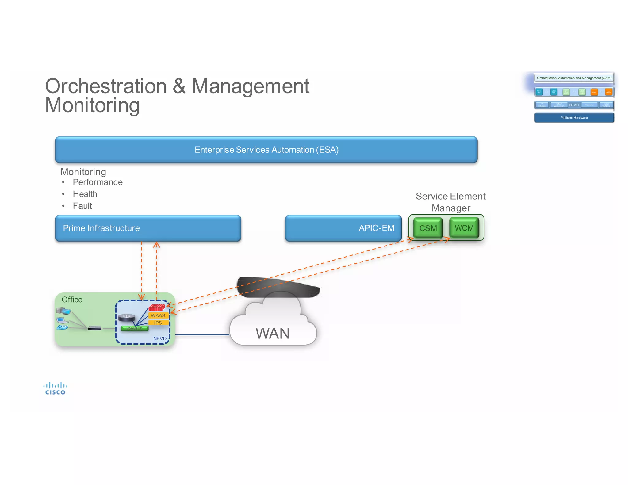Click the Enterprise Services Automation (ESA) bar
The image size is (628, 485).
[266, 150]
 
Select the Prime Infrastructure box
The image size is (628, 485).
[148, 228]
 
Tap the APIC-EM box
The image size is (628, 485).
[343, 228]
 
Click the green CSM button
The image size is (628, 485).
[428, 228]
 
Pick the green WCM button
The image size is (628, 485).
[464, 228]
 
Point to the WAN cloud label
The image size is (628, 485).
[273, 333]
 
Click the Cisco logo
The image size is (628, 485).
[55, 388]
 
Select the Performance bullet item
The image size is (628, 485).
[98, 182]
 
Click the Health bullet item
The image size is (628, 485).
[85, 194]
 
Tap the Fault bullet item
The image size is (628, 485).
[82, 206]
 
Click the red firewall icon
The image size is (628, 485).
[157, 307]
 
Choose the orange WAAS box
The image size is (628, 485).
[158, 315]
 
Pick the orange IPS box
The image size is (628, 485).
[158, 323]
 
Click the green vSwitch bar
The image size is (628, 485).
[135, 328]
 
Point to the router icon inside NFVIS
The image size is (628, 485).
[127, 318]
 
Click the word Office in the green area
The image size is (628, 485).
[72, 300]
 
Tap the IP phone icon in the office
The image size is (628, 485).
[62, 328]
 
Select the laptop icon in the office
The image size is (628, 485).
[62, 320]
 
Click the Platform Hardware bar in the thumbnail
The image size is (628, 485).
[574, 118]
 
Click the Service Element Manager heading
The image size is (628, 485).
[450, 202]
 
